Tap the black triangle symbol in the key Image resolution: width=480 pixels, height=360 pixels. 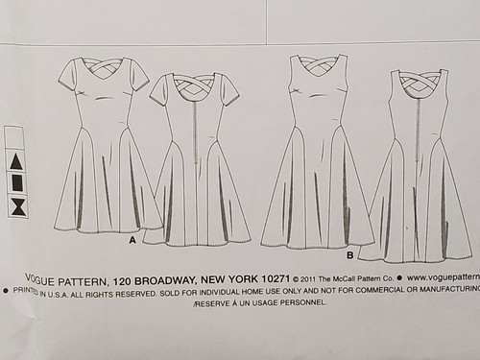17,158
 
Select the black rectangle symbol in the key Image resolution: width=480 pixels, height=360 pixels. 17,182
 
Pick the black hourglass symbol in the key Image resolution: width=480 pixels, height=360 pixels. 17,205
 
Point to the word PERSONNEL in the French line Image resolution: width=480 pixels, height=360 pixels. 299,301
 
